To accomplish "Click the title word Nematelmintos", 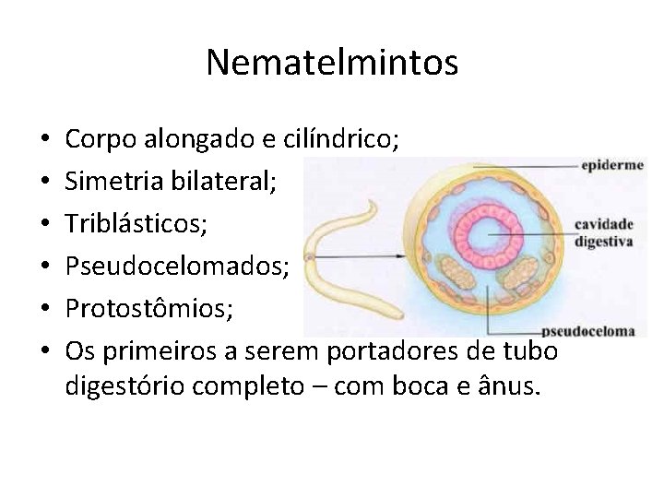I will (332, 63).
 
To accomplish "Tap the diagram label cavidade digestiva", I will (603, 232).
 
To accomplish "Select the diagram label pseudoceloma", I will (588, 329).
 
